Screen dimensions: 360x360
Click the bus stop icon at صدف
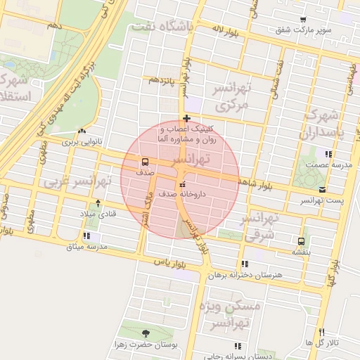pyautogui.click(x=144, y=161)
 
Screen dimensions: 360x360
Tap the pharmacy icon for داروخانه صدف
pyautogui.click(x=174, y=185)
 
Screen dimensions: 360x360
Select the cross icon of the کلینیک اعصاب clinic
pyautogui.click(x=186, y=117)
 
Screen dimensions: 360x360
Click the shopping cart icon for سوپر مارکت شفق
pyautogui.click(x=302, y=20)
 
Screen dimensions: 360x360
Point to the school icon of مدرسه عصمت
pyautogui.click(x=327, y=153)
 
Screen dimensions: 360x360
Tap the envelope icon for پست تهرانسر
pyautogui.click(x=322, y=190)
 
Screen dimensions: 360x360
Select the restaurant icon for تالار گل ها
pyautogui.click(x=321, y=332)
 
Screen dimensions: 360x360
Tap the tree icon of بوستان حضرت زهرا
pyautogui.click(x=146, y=333)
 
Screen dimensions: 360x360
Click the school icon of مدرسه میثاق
pyautogui.click(x=86, y=236)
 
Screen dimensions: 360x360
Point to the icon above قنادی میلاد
pyautogui.click(x=97, y=203)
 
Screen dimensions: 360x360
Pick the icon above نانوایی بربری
pyautogui.click(x=83, y=131)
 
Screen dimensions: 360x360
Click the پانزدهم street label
pyautogui.click(x=158, y=80)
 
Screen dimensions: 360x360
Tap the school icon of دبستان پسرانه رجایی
pyautogui.click(x=237, y=346)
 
